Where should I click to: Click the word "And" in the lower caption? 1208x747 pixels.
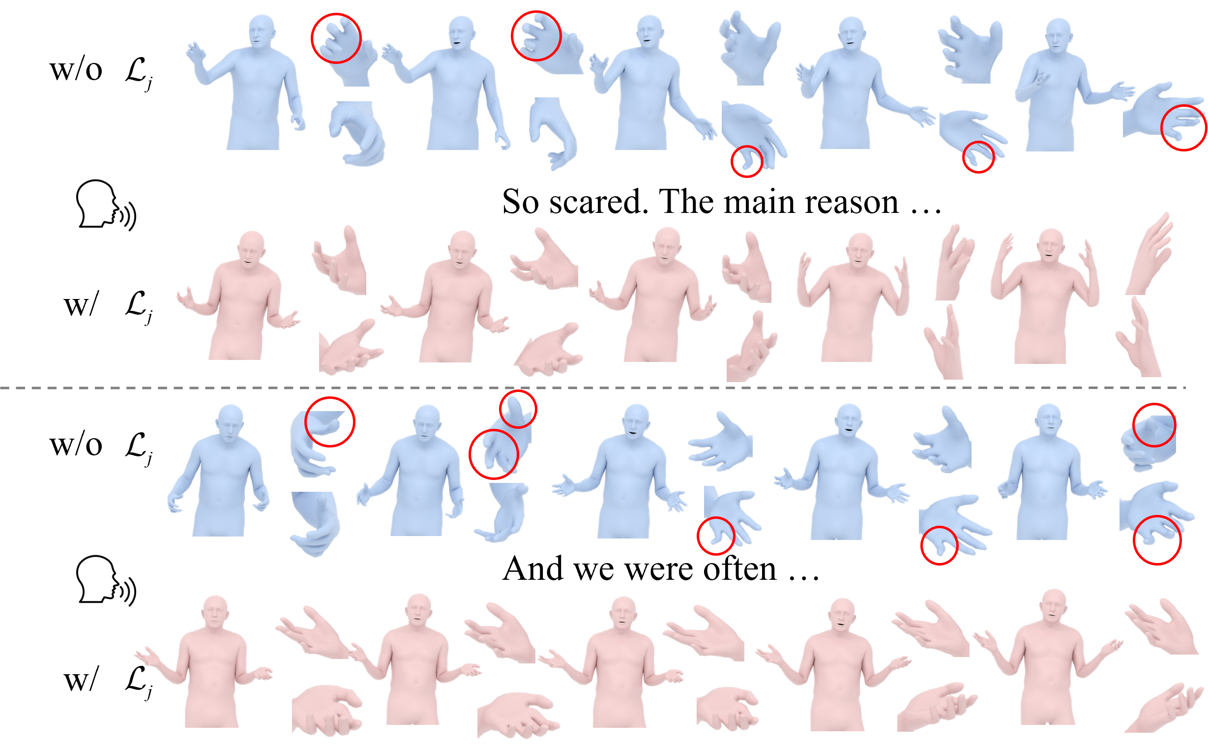532,569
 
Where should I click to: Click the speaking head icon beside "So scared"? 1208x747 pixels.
106,205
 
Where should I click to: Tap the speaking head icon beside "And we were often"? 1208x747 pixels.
106,580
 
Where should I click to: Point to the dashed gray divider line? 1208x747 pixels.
592,388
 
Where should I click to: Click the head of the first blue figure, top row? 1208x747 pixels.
261,31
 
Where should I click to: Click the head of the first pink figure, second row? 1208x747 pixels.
251,247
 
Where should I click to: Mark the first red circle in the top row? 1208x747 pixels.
336,38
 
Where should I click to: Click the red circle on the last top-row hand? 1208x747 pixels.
1183,127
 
